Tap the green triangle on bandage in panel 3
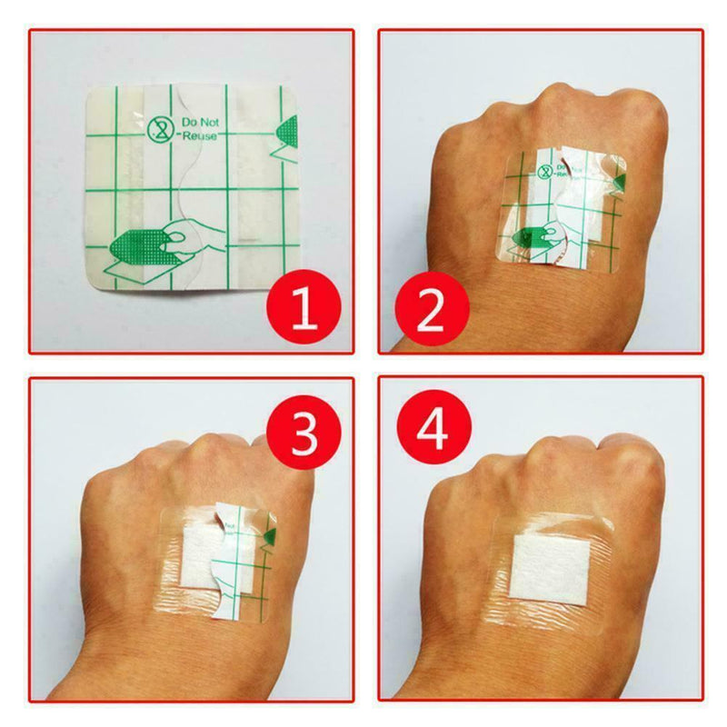click(x=269, y=540)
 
